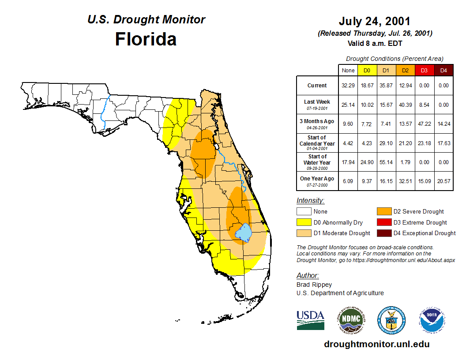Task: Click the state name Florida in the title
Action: [146, 39]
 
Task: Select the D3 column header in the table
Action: [424, 70]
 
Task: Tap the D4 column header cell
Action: [443, 70]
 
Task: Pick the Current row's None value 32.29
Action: [348, 86]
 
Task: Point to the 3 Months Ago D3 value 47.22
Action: [424, 124]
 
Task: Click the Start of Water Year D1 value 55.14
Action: [386, 162]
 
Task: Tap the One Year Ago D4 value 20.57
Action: [443, 181]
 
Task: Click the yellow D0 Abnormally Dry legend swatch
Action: [303, 222]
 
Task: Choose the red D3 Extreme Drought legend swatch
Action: [383, 222]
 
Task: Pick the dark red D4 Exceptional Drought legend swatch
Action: [383, 233]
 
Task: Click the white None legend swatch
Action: [303, 212]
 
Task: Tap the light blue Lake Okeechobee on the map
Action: [244, 232]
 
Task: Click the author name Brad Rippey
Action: [314, 285]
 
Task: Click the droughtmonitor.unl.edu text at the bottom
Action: [376, 344]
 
